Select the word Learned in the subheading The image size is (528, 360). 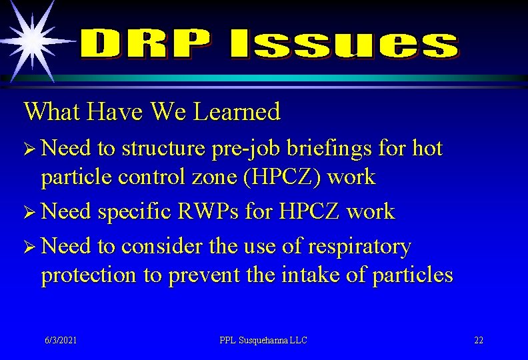tap(237, 111)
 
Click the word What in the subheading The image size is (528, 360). tap(51, 111)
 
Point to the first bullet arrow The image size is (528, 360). tap(30, 149)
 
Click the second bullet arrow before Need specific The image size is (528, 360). tap(30, 213)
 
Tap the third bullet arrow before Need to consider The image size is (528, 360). tap(30, 247)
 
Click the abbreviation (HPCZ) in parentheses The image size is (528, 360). tap(276, 177)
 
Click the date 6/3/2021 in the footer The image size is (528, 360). tap(61, 340)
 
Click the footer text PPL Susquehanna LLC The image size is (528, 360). tap(263, 340)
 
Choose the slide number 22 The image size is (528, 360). tap(479, 340)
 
